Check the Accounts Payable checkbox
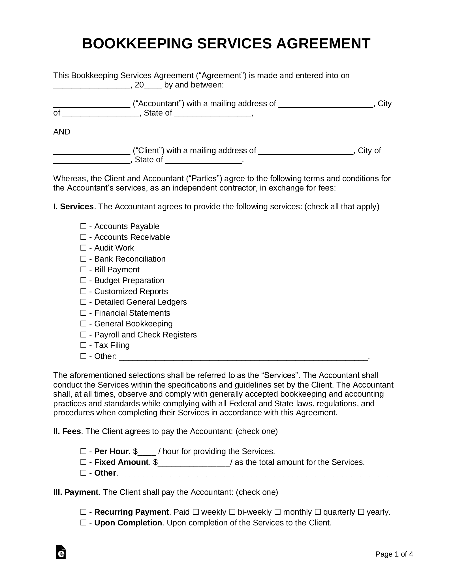[83, 226]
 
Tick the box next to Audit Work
[83, 248]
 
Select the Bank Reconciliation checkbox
[83, 259]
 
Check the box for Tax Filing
[83, 345]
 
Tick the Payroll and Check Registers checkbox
[83, 335]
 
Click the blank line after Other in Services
[243, 357]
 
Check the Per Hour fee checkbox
[83, 451]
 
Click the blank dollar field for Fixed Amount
[194, 463]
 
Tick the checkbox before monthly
[277, 512]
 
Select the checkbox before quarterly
[318, 512]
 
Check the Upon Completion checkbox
[83, 523]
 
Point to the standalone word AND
[62, 132]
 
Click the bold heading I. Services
[73, 207]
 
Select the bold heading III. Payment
[76, 492]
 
